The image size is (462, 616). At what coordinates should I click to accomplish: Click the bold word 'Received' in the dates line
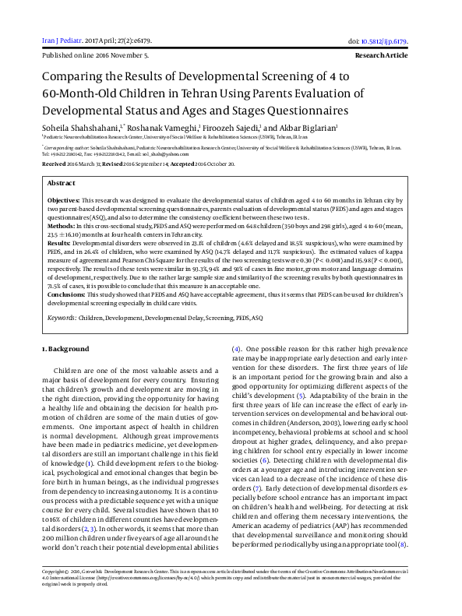pos(54,165)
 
